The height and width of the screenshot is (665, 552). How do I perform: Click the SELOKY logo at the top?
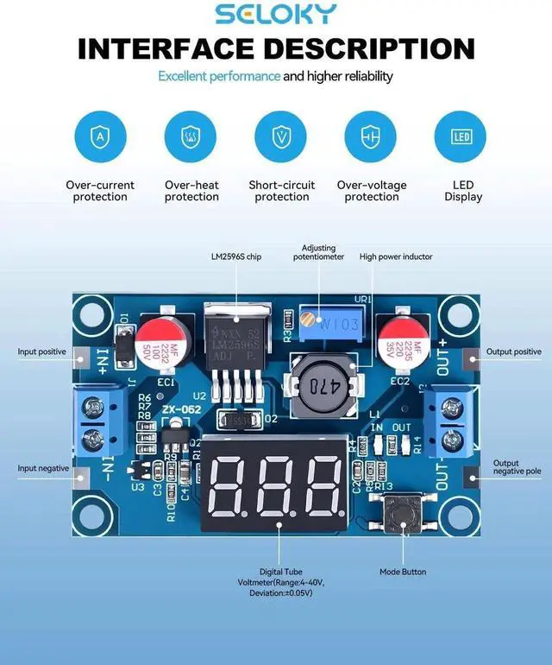coord(276,15)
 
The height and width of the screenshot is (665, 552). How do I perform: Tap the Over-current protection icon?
coord(100,137)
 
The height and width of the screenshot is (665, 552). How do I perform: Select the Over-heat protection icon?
coord(191,137)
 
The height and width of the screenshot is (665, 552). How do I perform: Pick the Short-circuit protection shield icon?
coord(281,137)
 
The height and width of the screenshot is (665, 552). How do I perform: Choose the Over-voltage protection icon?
coord(371,137)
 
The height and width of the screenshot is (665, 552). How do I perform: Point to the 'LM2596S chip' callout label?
coord(235,256)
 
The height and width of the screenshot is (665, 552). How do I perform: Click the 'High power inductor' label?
coord(396,256)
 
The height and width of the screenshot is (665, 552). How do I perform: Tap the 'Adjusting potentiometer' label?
coord(318,251)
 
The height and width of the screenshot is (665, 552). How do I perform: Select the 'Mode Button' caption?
coord(403,572)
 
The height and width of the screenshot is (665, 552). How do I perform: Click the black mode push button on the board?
coord(401,516)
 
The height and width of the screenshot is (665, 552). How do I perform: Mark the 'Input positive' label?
coord(42,352)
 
